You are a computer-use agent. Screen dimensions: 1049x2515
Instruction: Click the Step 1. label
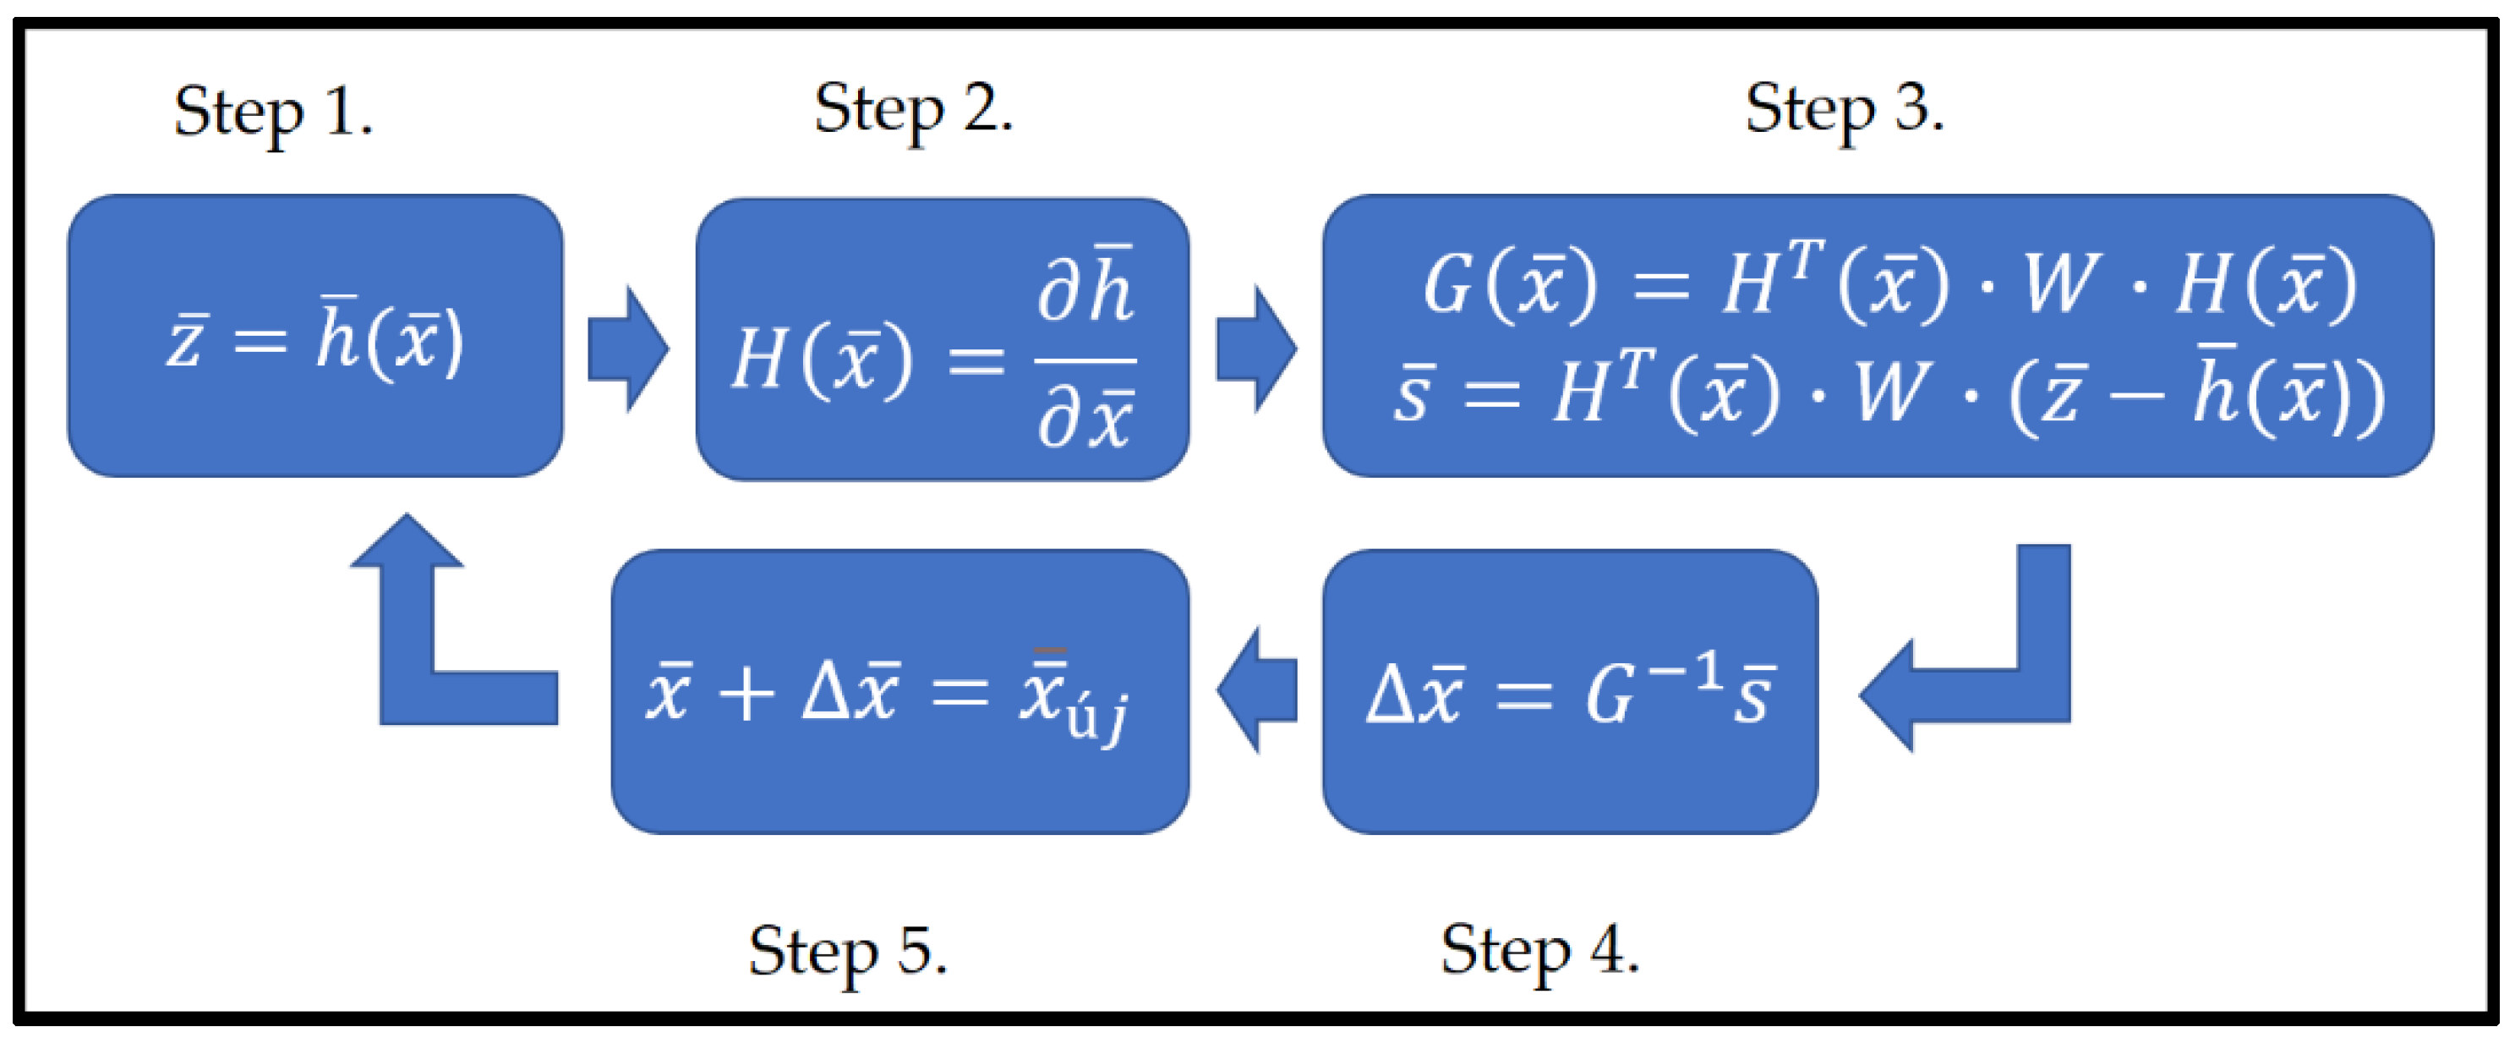click(x=273, y=113)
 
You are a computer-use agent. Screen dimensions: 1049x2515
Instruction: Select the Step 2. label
click(x=914, y=109)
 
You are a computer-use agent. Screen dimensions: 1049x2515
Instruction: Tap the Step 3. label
click(x=1845, y=109)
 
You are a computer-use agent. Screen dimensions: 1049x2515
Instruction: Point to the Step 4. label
click(x=1539, y=949)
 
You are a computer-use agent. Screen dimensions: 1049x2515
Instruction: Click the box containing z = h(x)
click(x=314, y=336)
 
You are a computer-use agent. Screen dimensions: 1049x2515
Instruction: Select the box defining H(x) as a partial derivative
click(x=942, y=340)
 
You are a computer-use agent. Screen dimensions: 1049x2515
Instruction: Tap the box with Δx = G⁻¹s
click(x=1569, y=691)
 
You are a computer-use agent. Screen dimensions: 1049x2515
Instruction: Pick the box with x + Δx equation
click(x=899, y=691)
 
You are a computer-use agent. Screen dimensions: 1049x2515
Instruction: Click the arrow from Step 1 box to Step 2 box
click(x=628, y=349)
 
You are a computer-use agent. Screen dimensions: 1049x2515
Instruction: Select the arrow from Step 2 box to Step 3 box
click(x=1255, y=349)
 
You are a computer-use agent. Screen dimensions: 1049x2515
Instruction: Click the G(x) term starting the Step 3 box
click(x=1509, y=285)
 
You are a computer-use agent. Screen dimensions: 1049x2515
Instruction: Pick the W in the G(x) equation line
click(x=2060, y=285)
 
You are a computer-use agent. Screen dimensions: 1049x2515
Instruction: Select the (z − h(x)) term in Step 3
click(x=2197, y=396)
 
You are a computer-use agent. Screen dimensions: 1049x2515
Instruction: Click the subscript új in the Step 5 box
click(x=1097, y=718)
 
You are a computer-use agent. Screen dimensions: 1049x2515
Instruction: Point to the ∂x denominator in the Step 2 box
click(x=1085, y=420)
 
